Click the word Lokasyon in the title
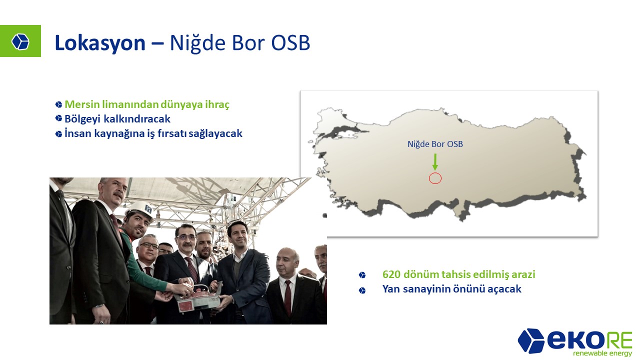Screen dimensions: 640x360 100,43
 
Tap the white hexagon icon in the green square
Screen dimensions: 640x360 20,41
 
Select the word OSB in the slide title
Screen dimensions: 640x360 290,43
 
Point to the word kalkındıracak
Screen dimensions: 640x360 137,119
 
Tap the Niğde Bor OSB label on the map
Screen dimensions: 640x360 435,144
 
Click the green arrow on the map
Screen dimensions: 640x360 435,162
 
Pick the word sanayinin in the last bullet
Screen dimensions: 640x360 426,289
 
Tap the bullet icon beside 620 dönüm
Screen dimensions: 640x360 362,275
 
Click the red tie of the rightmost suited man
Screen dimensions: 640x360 287,297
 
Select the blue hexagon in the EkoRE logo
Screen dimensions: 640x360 531,340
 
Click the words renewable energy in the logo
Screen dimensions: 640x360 602,353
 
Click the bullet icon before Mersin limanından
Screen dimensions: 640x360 58,104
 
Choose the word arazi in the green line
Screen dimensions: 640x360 523,274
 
